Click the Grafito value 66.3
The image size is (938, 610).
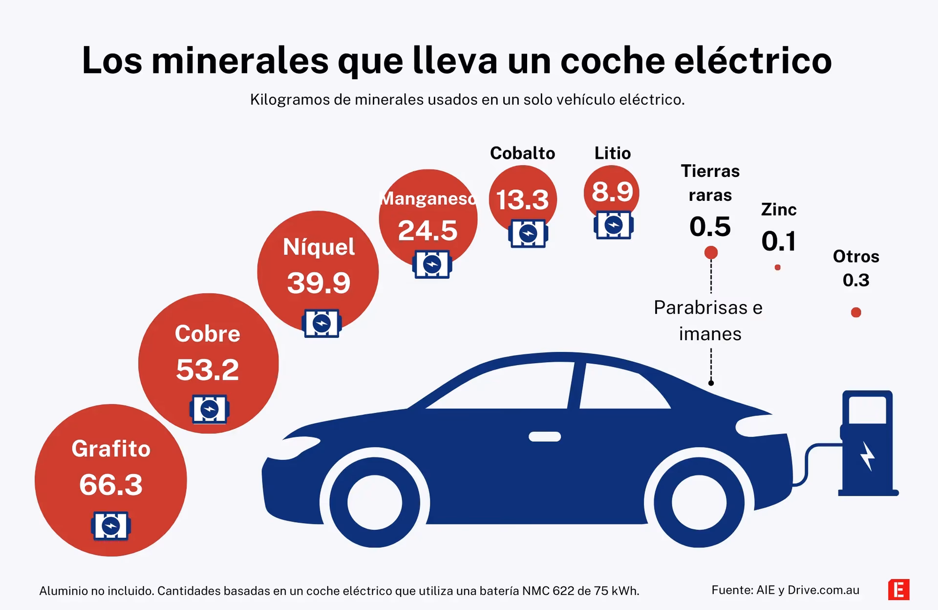pyautogui.click(x=111, y=485)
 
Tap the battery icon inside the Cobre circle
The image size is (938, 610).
pyautogui.click(x=209, y=409)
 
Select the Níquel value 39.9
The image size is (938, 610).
pyautogui.click(x=319, y=283)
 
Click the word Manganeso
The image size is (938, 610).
pyautogui.click(x=427, y=198)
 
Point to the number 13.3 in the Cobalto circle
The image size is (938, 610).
pyautogui.click(x=522, y=200)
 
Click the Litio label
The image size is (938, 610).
pyautogui.click(x=612, y=153)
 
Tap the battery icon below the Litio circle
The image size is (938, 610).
pyautogui.click(x=614, y=225)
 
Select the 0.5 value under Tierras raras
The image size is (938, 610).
pyautogui.click(x=710, y=227)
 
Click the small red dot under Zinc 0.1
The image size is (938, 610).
pyautogui.click(x=777, y=267)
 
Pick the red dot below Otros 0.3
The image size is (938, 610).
pyautogui.click(x=856, y=312)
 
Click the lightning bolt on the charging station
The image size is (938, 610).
pyautogui.click(x=868, y=456)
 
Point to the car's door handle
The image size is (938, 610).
pyautogui.click(x=545, y=436)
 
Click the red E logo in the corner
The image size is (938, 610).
pyautogui.click(x=898, y=589)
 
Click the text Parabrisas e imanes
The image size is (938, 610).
pyautogui.click(x=708, y=321)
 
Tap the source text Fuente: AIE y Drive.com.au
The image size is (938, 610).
pyautogui.click(x=785, y=590)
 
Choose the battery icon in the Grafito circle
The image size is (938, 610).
pyautogui.click(x=110, y=526)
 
